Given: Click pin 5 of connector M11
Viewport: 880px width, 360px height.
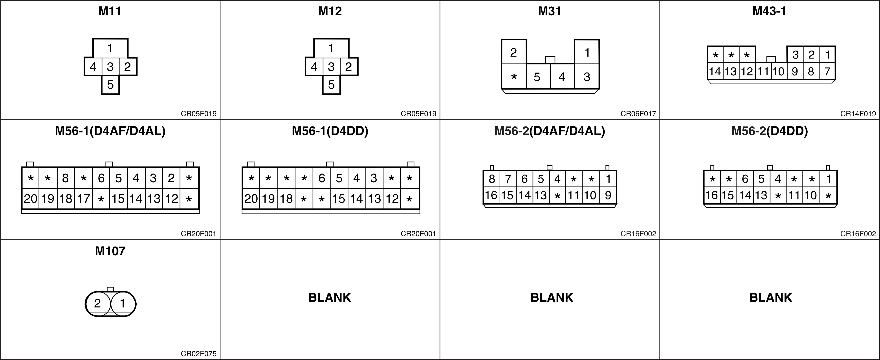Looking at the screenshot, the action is pyautogui.click(x=110, y=85).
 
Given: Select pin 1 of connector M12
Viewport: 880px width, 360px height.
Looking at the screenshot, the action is pyautogui.click(x=331, y=48).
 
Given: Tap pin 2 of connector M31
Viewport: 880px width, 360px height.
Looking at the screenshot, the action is pyautogui.click(x=513, y=52).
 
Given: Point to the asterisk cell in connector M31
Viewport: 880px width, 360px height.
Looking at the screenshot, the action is pyautogui.click(x=514, y=77).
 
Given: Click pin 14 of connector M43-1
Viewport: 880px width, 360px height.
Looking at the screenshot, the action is pyautogui.click(x=715, y=72).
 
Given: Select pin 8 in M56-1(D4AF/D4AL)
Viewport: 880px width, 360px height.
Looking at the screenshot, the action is pyautogui.click(x=65, y=178).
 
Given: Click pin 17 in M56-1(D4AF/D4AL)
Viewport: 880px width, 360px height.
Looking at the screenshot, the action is pyautogui.click(x=83, y=198).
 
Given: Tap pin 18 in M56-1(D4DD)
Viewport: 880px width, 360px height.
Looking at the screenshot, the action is pyautogui.click(x=286, y=198).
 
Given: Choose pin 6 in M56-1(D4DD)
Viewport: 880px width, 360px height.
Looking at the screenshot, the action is pyautogui.click(x=321, y=178).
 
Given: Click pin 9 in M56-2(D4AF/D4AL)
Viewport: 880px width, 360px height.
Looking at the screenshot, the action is pyautogui.click(x=608, y=195).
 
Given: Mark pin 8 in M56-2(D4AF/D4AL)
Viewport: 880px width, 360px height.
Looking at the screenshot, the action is pyautogui.click(x=491, y=179).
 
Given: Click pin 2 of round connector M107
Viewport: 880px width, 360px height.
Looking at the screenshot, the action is pyautogui.click(x=98, y=303).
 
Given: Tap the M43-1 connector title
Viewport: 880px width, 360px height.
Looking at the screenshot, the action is pyautogui.click(x=769, y=11).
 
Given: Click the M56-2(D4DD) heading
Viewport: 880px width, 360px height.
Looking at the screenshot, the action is pyautogui.click(x=770, y=131).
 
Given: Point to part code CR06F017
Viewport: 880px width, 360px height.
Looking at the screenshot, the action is pyautogui.click(x=638, y=114).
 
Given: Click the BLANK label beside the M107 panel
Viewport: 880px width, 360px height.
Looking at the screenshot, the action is pyautogui.click(x=330, y=298).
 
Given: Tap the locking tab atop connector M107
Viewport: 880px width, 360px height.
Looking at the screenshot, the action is pyautogui.click(x=110, y=289).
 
